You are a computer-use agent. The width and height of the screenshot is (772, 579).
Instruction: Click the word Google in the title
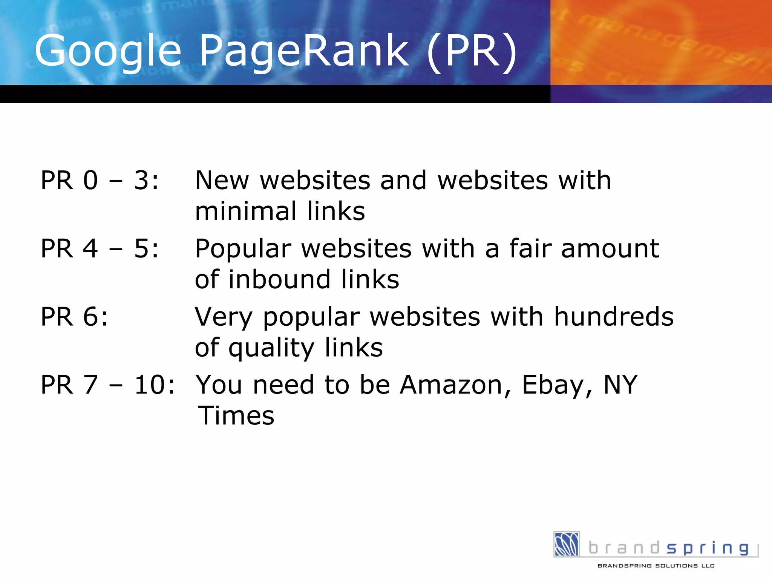pyautogui.click(x=108, y=51)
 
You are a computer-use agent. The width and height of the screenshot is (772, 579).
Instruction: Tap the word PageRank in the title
pyautogui.click(x=304, y=51)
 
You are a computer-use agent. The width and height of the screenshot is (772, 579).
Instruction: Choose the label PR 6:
pyautogui.click(x=74, y=317)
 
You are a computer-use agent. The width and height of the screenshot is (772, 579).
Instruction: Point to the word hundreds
pyautogui.click(x=614, y=317)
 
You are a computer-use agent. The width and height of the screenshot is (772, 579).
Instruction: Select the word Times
pyautogui.click(x=236, y=416)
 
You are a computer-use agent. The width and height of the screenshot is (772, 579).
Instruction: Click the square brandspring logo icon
pyautogui.click(x=566, y=544)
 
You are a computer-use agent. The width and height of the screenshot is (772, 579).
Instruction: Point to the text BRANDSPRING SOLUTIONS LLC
pyautogui.click(x=656, y=565)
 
